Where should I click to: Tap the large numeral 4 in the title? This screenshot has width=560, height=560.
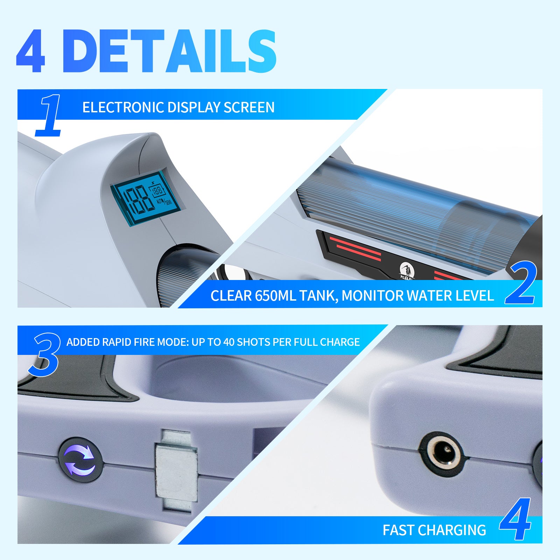point(31,51)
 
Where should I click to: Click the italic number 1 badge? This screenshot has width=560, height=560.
point(49,115)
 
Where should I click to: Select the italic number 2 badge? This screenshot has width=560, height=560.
point(521,283)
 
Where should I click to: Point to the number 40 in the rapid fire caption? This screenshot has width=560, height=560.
point(229,342)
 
